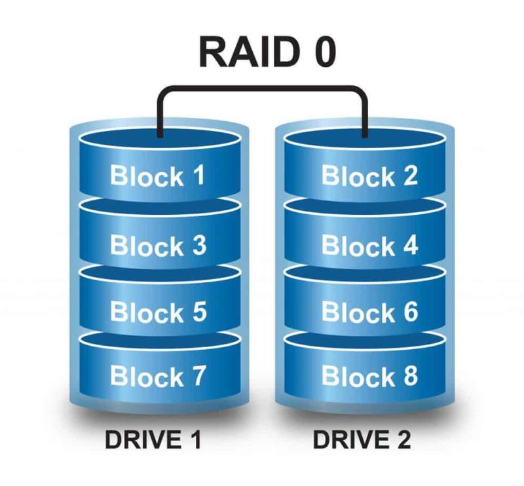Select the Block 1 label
158,177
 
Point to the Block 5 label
158,312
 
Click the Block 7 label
158,377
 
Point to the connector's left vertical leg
159,115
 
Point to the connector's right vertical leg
365,115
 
